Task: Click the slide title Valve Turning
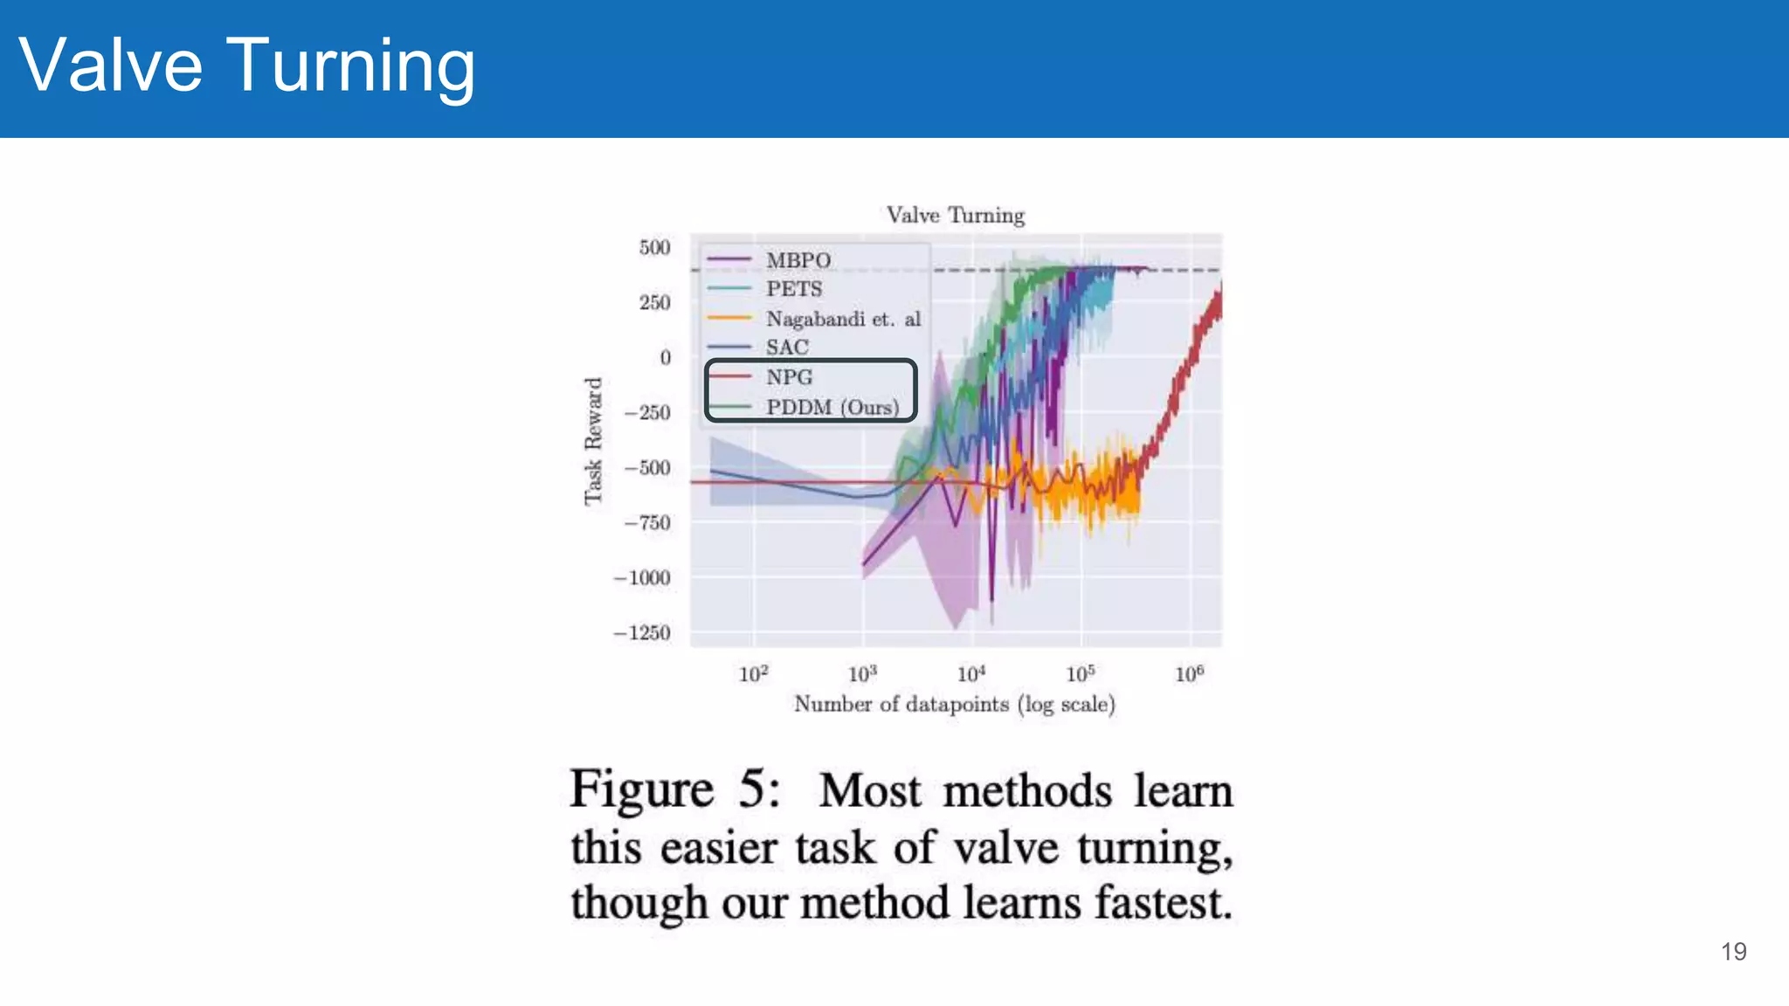pos(246,65)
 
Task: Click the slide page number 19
pos(1733,951)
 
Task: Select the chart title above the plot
pos(955,215)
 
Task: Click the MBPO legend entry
pos(798,260)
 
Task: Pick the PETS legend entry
pos(793,289)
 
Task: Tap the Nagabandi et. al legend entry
pos(843,319)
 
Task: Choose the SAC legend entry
pos(787,348)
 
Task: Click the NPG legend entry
pos(789,377)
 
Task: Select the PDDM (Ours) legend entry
pos(832,407)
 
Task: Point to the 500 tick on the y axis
pos(654,247)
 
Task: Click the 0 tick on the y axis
pos(665,357)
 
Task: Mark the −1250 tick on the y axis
pos(642,632)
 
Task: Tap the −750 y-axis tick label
pos(647,522)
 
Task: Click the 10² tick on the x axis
pos(753,673)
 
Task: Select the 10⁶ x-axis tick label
pos(1189,673)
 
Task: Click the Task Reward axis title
pos(593,441)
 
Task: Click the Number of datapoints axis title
pos(954,704)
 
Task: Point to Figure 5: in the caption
pos(674,789)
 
